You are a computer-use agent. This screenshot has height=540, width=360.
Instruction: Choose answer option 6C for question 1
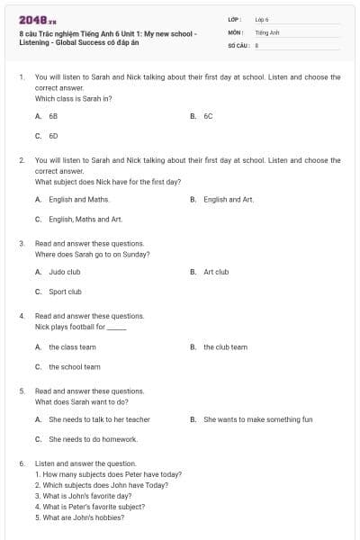coord(208,116)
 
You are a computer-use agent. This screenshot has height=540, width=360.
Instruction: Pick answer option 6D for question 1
coord(53,136)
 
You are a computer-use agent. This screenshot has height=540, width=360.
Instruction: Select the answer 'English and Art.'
coord(229,199)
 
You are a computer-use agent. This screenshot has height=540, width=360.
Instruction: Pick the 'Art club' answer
coord(216,272)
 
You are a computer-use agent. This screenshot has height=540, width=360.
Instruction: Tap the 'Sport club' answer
coord(65,292)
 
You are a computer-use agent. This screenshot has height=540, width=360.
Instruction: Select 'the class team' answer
coord(72,346)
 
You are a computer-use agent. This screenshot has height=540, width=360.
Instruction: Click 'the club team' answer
coord(225,346)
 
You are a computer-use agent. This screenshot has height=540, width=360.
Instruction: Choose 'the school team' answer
coord(75,366)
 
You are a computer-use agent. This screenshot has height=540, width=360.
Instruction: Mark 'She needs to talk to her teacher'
coord(99,419)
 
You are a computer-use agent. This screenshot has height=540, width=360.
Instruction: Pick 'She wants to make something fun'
coord(257,419)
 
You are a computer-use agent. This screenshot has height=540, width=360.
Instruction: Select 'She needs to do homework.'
coord(93,439)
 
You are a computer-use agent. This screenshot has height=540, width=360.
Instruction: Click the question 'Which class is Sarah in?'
coord(73,98)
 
